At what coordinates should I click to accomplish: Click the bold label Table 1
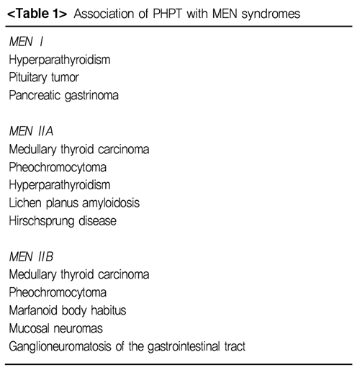(37, 14)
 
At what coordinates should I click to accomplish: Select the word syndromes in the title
(271, 14)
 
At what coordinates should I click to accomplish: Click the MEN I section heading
(26, 42)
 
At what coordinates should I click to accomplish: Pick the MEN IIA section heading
(31, 131)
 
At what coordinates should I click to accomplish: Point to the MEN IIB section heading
(31, 257)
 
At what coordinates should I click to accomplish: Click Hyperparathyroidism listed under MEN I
(60, 60)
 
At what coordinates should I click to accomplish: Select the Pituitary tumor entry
(44, 78)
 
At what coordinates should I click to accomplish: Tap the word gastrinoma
(91, 96)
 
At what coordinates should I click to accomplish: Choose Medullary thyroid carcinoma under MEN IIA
(79, 150)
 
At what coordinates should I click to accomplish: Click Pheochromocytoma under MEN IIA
(58, 168)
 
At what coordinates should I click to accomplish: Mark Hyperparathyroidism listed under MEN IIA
(60, 186)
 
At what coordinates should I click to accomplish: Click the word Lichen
(25, 203)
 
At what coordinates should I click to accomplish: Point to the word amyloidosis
(111, 204)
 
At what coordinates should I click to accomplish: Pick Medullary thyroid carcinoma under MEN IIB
(79, 275)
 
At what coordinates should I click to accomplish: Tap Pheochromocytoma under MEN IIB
(58, 293)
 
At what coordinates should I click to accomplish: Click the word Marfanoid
(33, 310)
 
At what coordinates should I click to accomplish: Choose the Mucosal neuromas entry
(56, 328)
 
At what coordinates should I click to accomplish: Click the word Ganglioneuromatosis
(60, 347)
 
